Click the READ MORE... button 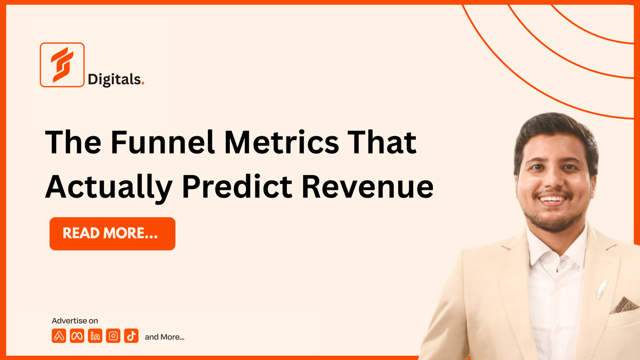(112, 234)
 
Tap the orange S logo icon (62, 65)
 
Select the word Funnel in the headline (162, 142)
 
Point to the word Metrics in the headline (282, 142)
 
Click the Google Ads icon (59, 336)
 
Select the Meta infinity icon (77, 336)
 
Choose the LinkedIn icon (95, 336)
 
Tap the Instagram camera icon (113, 336)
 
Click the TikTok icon (131, 336)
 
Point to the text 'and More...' (164, 337)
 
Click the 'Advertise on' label (75, 321)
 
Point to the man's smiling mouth (553, 199)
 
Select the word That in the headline (382, 142)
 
